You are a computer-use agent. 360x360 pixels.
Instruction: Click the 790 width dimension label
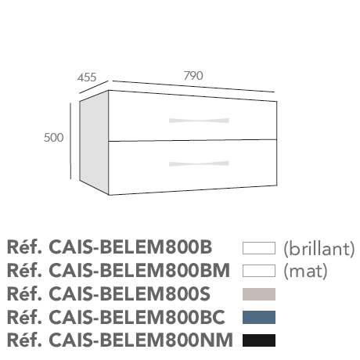click(193, 76)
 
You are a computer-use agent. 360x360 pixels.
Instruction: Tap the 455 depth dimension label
click(87, 77)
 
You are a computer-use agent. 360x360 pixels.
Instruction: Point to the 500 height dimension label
click(54, 138)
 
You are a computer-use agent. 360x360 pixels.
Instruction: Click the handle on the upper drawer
click(199, 121)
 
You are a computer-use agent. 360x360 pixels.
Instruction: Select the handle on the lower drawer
click(199, 164)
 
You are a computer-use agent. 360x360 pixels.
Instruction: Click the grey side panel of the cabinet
click(94, 142)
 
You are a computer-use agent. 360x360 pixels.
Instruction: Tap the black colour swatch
click(259, 340)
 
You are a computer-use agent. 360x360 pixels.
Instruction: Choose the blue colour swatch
click(259, 317)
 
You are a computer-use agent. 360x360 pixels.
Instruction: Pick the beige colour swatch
click(259, 294)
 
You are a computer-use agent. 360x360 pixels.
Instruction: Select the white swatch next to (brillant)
click(259, 248)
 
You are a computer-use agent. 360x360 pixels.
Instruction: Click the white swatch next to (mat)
click(259, 271)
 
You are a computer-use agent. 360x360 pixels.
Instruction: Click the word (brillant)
click(319, 249)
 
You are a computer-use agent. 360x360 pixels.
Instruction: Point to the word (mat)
click(305, 272)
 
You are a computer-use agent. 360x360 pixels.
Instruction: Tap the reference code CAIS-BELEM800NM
click(141, 340)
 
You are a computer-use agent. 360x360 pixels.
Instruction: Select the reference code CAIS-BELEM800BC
click(137, 317)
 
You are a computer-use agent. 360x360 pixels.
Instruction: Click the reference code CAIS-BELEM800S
click(129, 294)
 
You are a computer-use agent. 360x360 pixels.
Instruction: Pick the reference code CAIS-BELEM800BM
click(139, 271)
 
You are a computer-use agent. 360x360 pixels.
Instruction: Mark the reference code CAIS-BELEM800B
click(131, 247)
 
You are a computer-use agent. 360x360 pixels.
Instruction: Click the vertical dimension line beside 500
click(70, 141)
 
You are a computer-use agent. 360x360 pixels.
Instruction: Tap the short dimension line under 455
click(94, 87)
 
